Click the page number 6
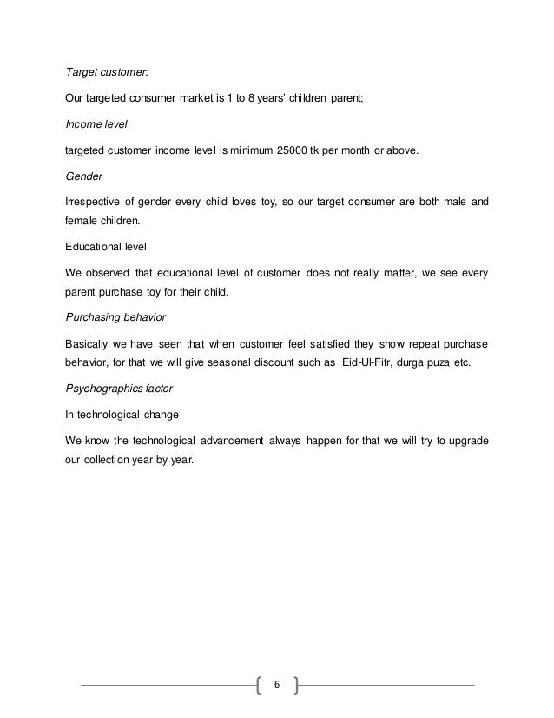click(277, 685)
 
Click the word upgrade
click(465, 439)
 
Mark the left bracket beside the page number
click(261, 685)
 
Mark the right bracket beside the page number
click(295, 685)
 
